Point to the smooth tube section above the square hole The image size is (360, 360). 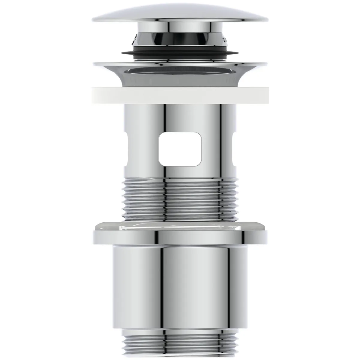point(180,117)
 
